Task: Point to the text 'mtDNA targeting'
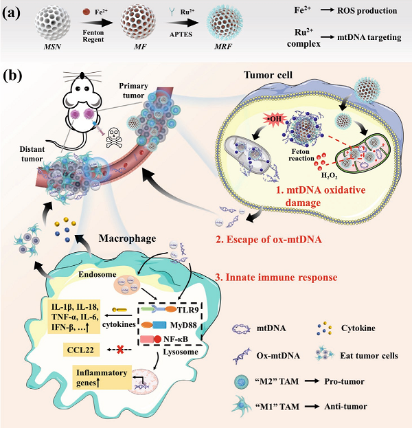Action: [370, 36]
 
